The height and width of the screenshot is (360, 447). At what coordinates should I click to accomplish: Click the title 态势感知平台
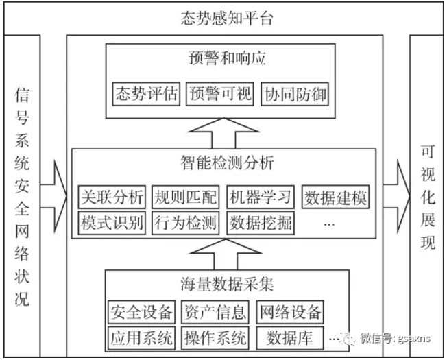point(223,18)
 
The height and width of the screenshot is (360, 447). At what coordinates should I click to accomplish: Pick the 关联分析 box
point(111,197)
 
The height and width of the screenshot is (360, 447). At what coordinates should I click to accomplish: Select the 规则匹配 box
point(185,197)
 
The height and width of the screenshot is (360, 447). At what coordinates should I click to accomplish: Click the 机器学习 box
point(261,197)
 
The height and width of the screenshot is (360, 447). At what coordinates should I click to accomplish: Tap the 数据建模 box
point(335,197)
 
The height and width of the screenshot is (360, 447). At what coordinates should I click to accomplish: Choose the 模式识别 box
point(111,222)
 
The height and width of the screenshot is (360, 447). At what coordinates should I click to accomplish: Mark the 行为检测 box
point(185,222)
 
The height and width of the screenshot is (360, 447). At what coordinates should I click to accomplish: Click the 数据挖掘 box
point(261,222)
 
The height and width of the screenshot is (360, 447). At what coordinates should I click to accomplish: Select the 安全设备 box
point(142,313)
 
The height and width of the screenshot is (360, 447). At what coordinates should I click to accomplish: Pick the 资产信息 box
point(215,313)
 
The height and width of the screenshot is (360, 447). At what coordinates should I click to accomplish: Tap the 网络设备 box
point(289,313)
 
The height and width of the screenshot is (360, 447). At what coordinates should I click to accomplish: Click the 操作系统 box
point(215,337)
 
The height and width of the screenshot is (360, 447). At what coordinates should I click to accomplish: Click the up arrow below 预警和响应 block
point(223,132)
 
